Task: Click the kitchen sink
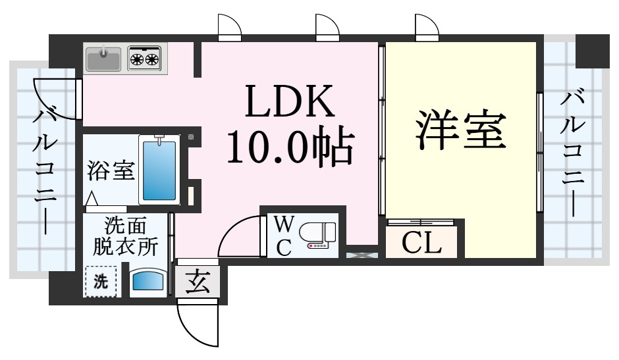click(103, 59)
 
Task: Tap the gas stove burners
click(145, 59)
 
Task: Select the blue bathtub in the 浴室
click(159, 169)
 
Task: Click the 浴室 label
click(111, 170)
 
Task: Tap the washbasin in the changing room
click(148, 280)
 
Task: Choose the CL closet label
click(421, 244)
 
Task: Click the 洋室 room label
click(460, 130)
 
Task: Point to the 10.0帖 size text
click(289, 148)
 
